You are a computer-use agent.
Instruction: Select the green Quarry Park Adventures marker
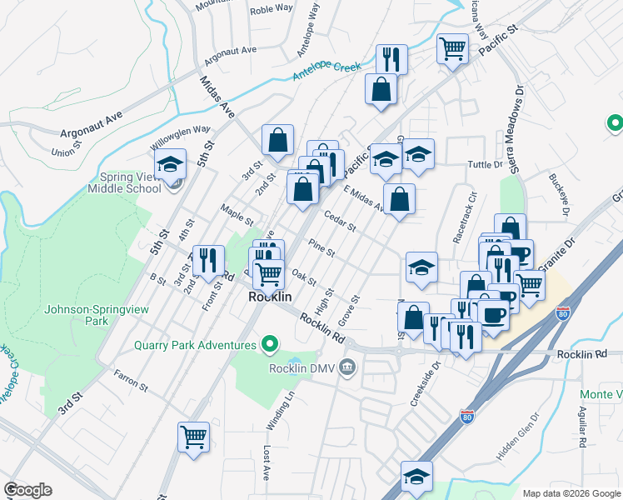click(269, 343)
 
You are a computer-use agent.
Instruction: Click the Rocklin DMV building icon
click(348, 367)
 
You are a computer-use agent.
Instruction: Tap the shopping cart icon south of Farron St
click(193, 436)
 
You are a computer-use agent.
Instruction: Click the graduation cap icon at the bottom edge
click(416, 476)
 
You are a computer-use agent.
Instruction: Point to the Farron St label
click(131, 381)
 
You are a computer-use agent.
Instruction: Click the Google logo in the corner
click(27, 490)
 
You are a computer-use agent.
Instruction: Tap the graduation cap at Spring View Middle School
click(170, 164)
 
